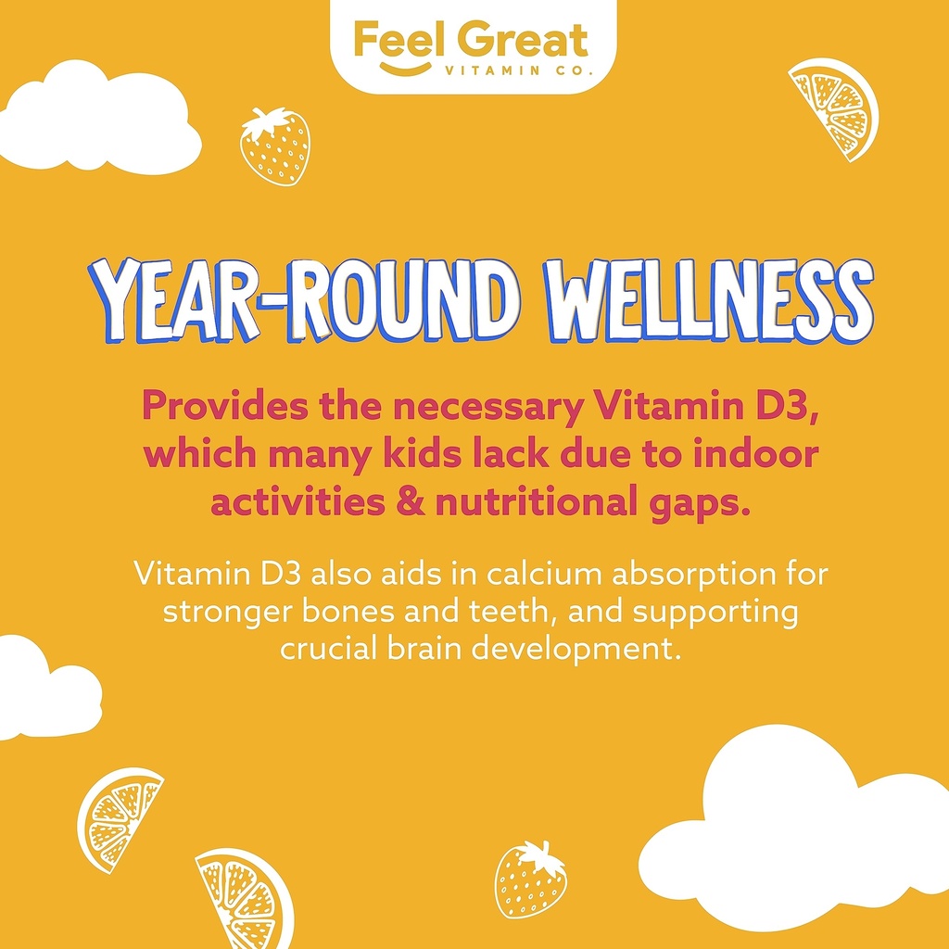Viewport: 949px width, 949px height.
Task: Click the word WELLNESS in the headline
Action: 709,301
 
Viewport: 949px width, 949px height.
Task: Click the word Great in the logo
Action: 526,40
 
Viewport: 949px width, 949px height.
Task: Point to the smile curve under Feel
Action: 405,69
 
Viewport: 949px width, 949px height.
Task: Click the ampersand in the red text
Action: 411,503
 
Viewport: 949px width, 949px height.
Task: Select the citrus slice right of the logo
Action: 834,109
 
